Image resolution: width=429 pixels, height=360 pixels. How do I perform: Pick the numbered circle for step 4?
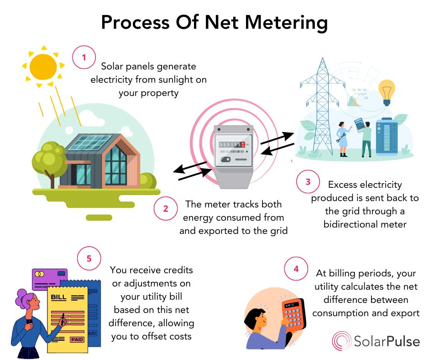(x=296, y=269)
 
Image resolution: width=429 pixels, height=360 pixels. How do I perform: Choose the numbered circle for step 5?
(x=89, y=258)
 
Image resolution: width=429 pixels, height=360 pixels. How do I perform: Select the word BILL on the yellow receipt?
(x=59, y=297)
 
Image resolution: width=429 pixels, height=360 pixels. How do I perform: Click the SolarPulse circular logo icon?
(x=341, y=341)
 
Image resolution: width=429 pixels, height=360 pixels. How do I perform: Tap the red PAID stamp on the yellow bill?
(x=77, y=339)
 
